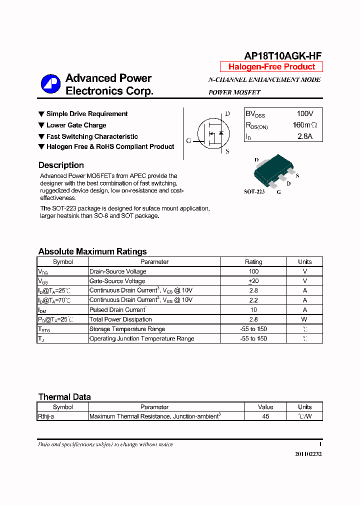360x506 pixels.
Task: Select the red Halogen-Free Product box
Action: pyautogui.click(x=271, y=67)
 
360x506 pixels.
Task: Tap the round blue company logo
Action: pyautogui.click(x=50, y=84)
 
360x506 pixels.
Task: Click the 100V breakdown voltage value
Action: pyautogui.click(x=304, y=113)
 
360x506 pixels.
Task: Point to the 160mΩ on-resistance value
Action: pyautogui.click(x=304, y=125)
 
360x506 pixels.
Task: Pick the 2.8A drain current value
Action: pyautogui.click(x=304, y=136)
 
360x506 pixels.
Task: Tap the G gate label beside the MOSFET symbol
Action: pyautogui.click(x=188, y=140)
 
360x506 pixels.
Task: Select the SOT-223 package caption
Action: pyautogui.click(x=254, y=191)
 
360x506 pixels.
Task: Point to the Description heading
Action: pyautogui.click(x=61, y=165)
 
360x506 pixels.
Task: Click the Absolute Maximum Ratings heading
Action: pyautogui.click(x=92, y=251)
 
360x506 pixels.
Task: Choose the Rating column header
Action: pyautogui.click(x=253, y=261)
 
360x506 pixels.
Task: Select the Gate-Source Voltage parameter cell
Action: pyautogui.click(x=117, y=281)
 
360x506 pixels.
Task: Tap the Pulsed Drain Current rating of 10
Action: pyautogui.click(x=253, y=310)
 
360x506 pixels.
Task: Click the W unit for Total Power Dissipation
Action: pyautogui.click(x=304, y=319)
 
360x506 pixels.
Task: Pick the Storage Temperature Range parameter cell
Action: pyautogui.click(x=127, y=329)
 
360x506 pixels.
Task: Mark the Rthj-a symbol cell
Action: pyautogui.click(x=46, y=416)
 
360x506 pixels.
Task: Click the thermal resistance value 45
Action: pyautogui.click(x=265, y=416)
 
